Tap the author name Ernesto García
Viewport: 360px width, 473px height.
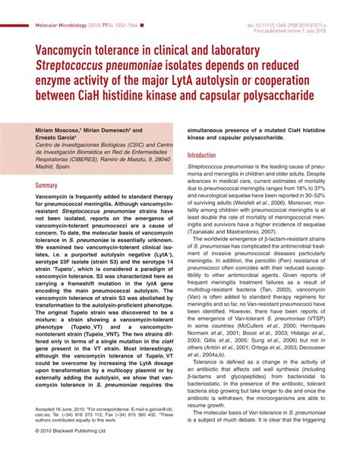click(55, 138)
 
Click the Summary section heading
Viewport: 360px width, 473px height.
click(46, 184)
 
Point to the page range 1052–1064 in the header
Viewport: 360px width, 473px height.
click(132, 26)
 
